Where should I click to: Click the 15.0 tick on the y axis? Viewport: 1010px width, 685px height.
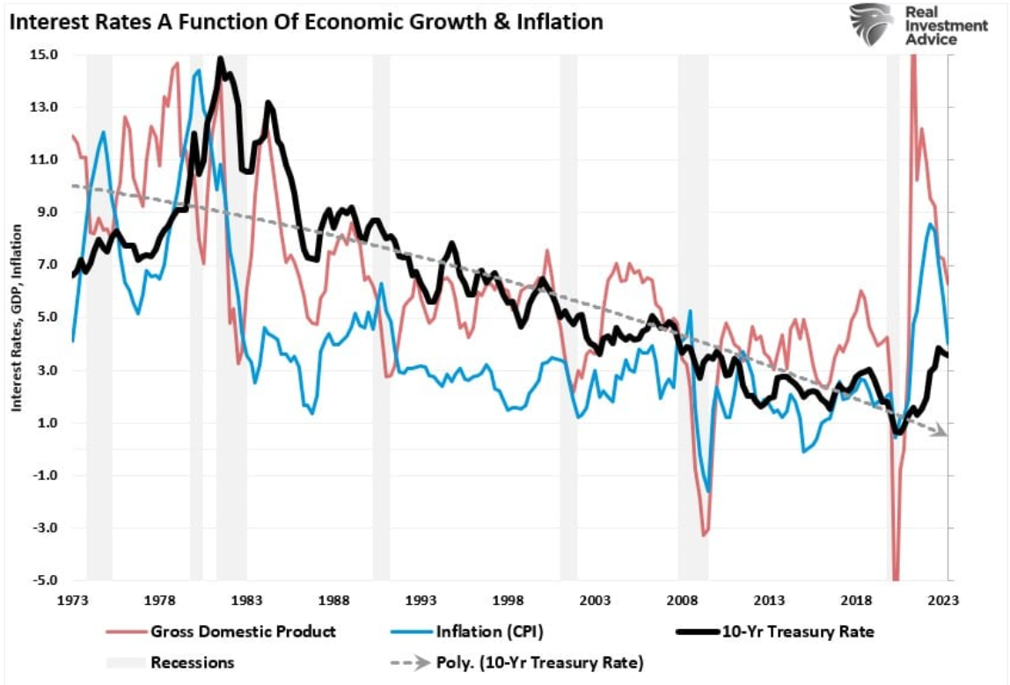[44, 55]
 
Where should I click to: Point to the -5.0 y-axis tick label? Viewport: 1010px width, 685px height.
[44, 581]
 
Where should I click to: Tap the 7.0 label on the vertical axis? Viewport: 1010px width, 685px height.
[47, 265]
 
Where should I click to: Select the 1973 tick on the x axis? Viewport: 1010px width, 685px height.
[73, 601]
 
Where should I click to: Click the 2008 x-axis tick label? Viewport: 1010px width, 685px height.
[683, 601]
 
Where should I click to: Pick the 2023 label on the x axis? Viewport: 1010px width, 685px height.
[944, 601]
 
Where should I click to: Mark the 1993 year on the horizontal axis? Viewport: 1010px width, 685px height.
[421, 601]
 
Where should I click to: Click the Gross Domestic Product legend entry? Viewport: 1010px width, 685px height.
[243, 631]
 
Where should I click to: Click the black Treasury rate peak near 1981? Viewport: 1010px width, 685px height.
[220, 60]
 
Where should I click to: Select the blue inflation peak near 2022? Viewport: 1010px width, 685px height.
[931, 224]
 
